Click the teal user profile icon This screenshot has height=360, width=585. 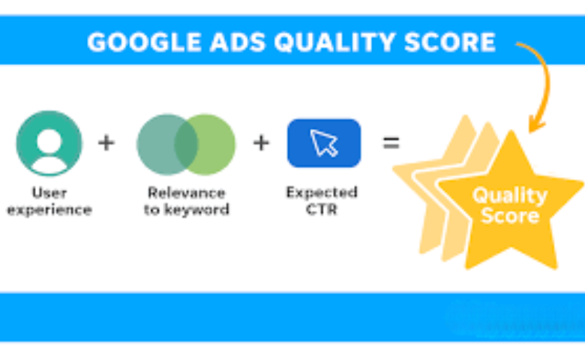(49, 143)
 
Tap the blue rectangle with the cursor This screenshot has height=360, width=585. (323, 143)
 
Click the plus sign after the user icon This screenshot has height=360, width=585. (106, 142)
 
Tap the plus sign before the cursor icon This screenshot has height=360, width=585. (260, 142)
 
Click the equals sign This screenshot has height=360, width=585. (391, 142)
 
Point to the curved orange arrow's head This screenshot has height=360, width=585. (535, 124)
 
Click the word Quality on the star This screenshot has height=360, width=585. (509, 196)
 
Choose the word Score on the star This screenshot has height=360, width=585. (510, 217)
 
